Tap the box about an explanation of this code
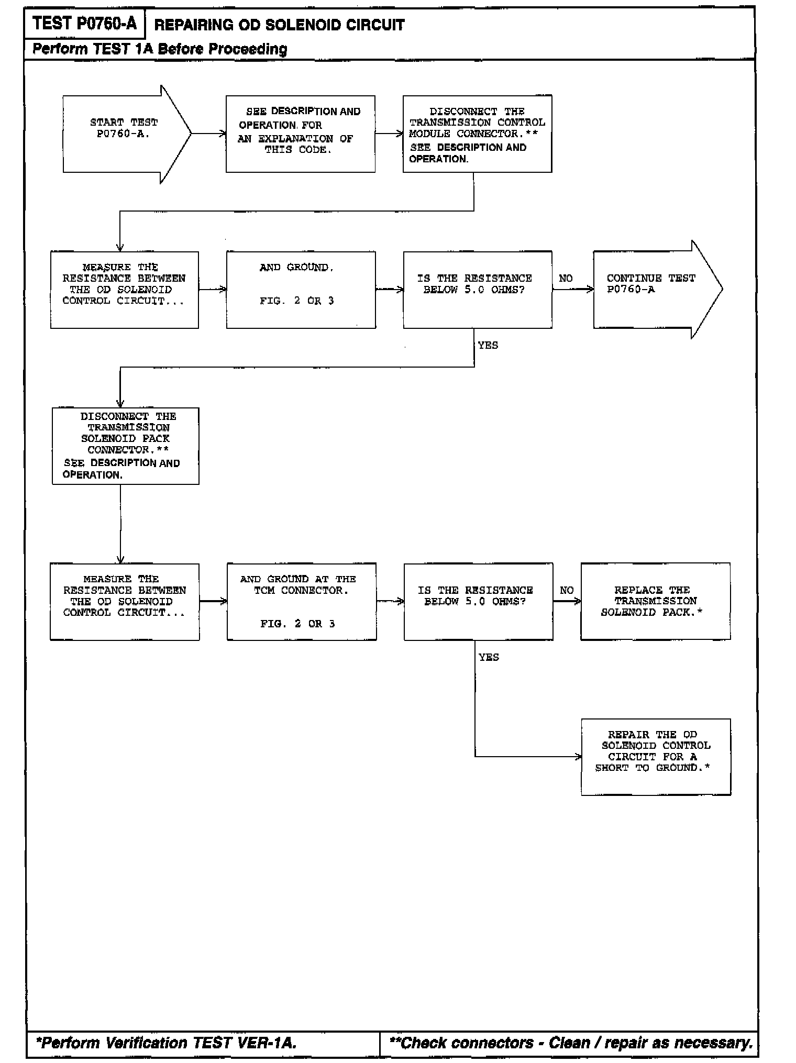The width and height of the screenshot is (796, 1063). (x=300, y=134)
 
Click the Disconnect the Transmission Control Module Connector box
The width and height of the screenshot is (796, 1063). (x=477, y=134)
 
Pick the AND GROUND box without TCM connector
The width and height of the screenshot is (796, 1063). (x=301, y=290)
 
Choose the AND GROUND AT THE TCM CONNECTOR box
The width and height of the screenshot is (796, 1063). (x=301, y=601)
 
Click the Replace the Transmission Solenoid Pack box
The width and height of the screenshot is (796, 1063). (x=655, y=601)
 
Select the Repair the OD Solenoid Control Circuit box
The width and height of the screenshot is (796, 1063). (x=656, y=757)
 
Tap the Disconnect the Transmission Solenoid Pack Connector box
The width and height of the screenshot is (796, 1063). (x=125, y=446)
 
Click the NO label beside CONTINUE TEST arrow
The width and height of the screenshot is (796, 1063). (x=566, y=279)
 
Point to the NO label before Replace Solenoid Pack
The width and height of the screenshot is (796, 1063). (x=567, y=590)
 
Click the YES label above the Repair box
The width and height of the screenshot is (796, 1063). (x=489, y=657)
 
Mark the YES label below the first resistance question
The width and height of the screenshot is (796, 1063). (x=488, y=345)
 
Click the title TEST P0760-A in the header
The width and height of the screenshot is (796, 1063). (x=84, y=24)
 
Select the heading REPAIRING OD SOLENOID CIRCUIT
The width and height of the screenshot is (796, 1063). (x=279, y=25)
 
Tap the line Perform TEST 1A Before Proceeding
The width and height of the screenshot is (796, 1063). (x=160, y=49)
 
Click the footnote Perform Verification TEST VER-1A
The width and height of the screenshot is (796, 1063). (x=166, y=1043)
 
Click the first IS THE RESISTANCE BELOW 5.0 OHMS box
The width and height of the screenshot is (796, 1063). (x=477, y=290)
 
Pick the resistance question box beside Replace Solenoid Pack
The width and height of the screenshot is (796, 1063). (x=478, y=601)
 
